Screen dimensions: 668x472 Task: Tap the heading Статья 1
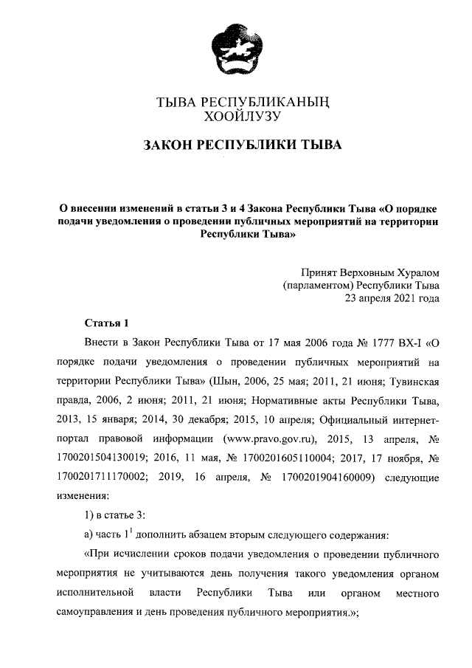tap(107, 323)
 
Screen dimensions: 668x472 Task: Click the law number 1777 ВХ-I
tap(392, 342)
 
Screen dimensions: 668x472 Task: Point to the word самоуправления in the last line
tap(100, 613)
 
